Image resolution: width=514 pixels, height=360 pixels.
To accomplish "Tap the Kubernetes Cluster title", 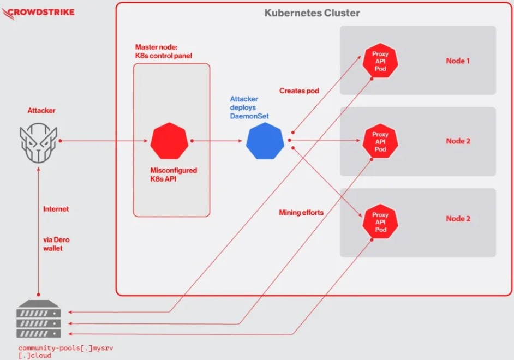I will (312, 13).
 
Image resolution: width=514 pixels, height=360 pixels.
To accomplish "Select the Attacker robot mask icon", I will (38, 143).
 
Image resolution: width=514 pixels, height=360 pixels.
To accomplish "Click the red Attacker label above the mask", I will (41, 111).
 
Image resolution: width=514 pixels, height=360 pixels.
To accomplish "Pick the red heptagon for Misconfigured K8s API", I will (169, 141).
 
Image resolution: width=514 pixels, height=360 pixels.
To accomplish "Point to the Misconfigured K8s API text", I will (174, 175).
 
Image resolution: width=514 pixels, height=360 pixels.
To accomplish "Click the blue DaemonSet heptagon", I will (265, 141).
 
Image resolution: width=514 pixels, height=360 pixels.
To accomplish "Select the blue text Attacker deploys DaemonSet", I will (249, 107).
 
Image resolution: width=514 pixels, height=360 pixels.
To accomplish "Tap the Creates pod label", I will (299, 91).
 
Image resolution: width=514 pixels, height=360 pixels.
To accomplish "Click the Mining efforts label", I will (301, 213).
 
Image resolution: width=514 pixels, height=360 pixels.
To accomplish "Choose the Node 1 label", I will (458, 61).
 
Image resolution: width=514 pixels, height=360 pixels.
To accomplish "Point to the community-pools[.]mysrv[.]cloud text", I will (66, 352).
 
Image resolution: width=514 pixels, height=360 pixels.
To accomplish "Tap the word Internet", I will (56, 209).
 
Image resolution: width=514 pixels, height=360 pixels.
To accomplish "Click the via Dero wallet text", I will (56, 244).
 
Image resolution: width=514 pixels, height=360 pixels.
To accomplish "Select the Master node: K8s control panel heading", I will (163, 51).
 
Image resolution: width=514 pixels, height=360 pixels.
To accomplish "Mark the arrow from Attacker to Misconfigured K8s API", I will (104, 141).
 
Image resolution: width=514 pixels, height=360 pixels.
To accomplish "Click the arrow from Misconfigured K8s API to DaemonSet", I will (217, 141).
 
